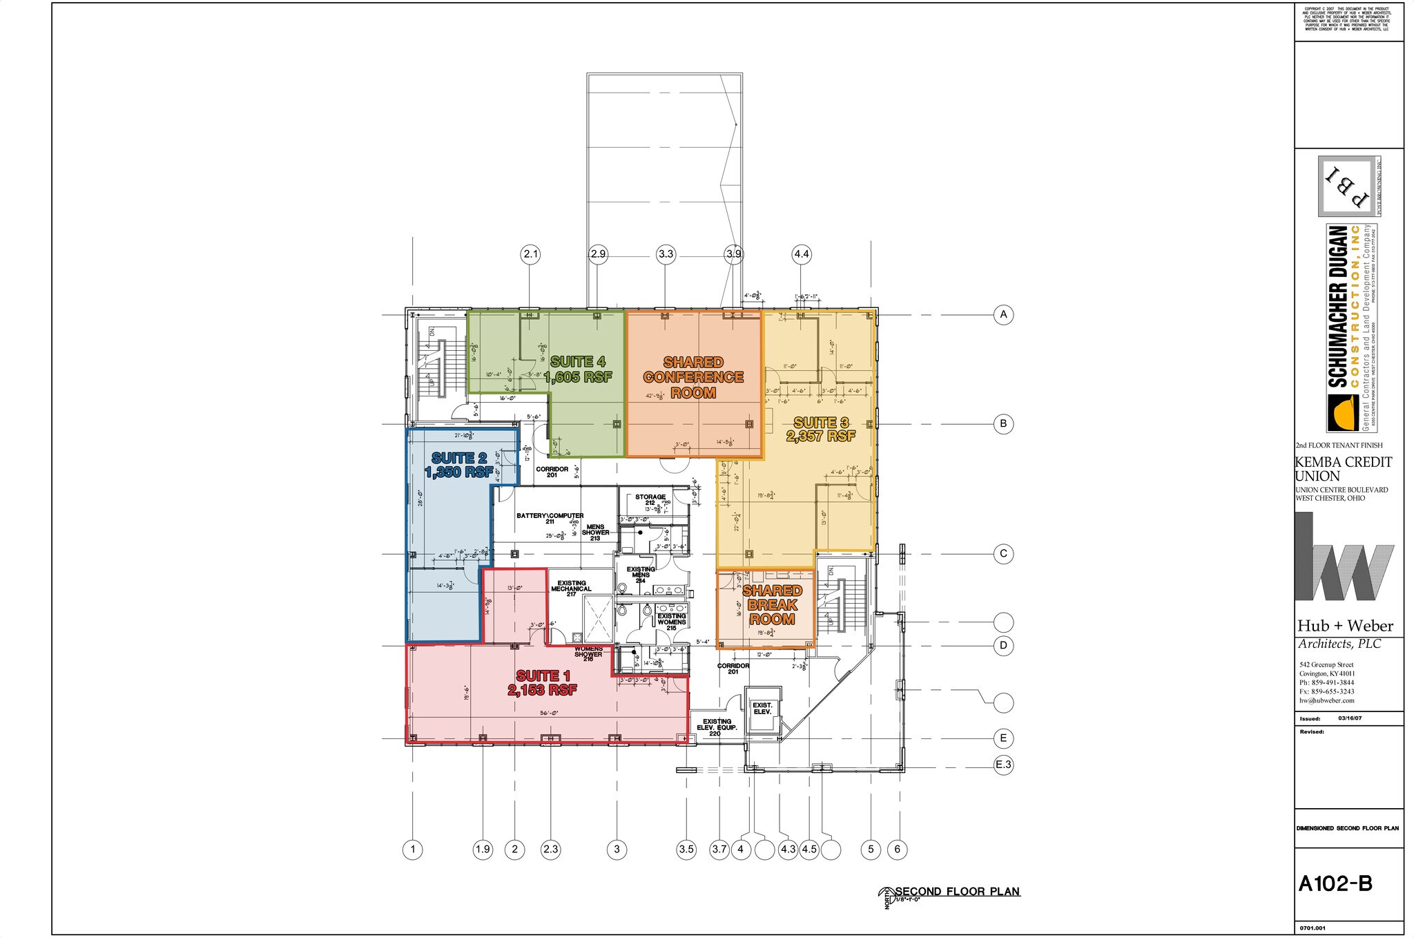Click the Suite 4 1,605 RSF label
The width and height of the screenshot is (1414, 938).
point(578,369)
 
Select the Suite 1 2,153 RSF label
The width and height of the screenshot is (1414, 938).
point(543,682)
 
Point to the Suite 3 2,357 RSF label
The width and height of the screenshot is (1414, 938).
point(821,428)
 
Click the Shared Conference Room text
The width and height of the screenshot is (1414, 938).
point(693,377)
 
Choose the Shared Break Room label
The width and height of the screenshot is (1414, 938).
point(772,604)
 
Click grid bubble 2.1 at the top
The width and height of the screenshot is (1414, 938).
point(530,254)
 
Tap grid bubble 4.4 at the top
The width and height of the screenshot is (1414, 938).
point(801,254)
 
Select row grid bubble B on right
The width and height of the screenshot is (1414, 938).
point(1003,423)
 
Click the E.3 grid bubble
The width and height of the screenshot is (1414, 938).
point(1003,765)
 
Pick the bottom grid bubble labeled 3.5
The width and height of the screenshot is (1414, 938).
point(686,849)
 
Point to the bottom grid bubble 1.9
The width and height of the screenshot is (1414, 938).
point(483,849)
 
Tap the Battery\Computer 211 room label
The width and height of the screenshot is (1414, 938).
point(550,518)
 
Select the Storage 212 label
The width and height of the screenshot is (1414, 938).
point(650,499)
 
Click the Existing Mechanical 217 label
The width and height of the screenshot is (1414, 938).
point(572,588)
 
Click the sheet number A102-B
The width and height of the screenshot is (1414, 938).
point(1335,883)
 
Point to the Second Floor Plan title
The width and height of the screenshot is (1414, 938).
point(957,891)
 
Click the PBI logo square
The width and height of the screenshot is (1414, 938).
point(1348,186)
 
